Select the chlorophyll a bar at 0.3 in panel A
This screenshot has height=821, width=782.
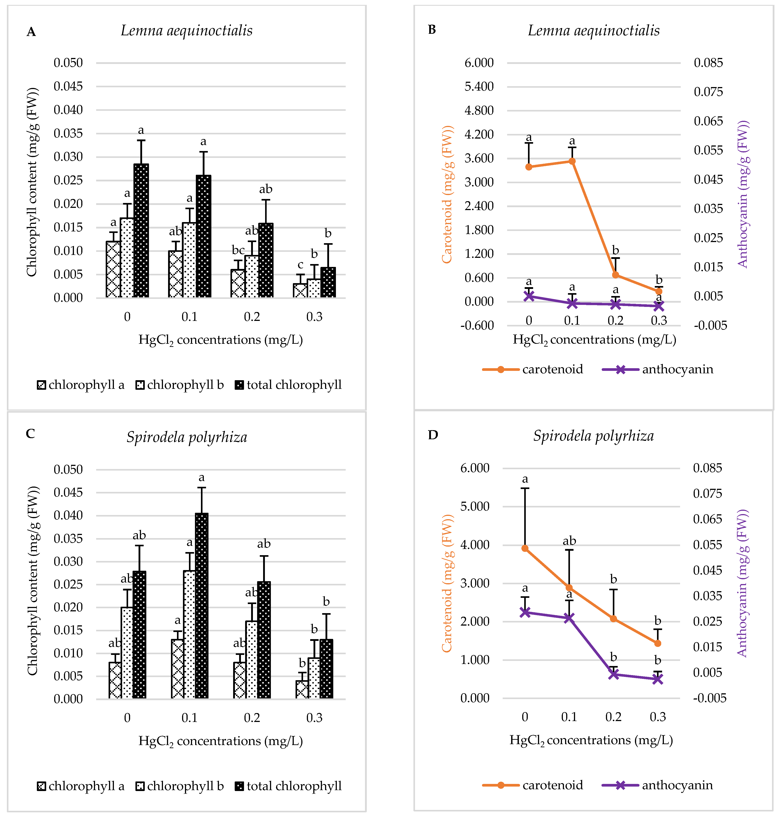point(300,291)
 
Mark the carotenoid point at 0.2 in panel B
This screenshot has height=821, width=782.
point(615,275)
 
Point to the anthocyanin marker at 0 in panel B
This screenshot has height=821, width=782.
point(529,296)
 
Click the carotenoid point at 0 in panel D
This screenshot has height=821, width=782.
point(525,548)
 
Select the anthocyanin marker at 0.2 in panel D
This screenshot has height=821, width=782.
point(613,674)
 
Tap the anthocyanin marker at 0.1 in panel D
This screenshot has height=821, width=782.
point(569,618)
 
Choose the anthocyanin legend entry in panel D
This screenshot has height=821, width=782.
point(658,785)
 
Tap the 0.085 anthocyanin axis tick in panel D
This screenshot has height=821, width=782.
point(707,468)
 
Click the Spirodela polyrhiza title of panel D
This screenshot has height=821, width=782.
point(593,436)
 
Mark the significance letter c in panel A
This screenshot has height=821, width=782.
point(300,265)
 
